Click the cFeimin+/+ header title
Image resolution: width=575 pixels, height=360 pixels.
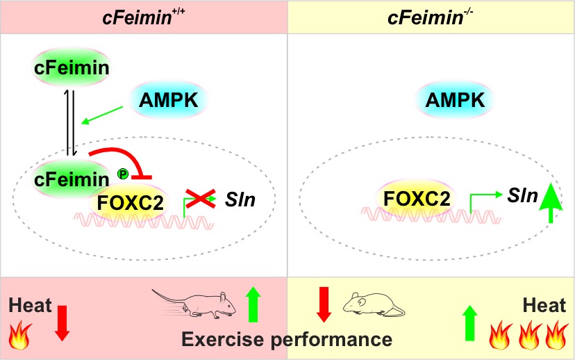coord(143,15)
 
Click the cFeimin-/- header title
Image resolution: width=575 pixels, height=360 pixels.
coord(431,15)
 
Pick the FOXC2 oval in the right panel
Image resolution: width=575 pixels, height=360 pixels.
coord(415,199)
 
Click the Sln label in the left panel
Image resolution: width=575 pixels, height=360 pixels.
coord(241,201)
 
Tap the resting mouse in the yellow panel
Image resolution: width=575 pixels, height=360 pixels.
coord(373,304)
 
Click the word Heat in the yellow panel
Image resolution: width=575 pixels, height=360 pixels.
coord(545,306)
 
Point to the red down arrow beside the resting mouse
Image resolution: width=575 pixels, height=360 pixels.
coord(323,304)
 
